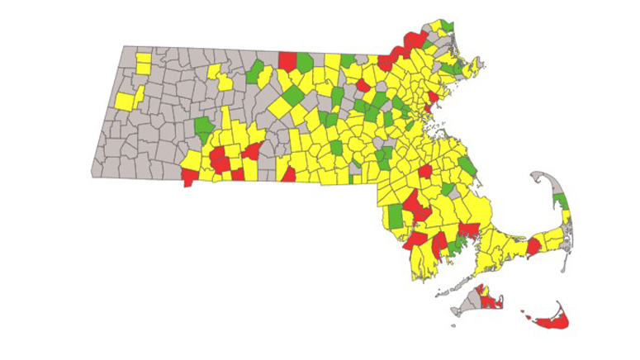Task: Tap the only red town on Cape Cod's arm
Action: tap(533, 246)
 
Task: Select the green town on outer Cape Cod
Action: tap(561, 201)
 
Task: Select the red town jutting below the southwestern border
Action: tap(189, 176)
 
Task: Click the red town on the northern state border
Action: tap(288, 61)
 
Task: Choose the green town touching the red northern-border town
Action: tap(305, 62)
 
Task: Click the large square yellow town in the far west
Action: tap(125, 101)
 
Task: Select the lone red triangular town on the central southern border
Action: tap(289, 174)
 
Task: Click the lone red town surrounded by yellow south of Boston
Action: tap(425, 171)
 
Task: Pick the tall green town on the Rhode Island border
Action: tap(396, 216)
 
